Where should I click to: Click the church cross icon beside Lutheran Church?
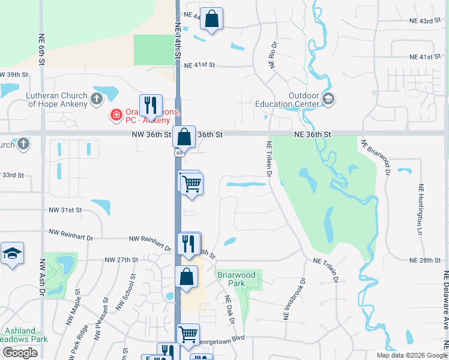[x=97, y=98]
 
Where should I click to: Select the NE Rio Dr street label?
[x=274, y=55]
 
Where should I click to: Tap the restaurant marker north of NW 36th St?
[x=151, y=106]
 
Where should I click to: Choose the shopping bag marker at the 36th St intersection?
[x=184, y=136]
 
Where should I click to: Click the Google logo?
[x=20, y=353]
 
